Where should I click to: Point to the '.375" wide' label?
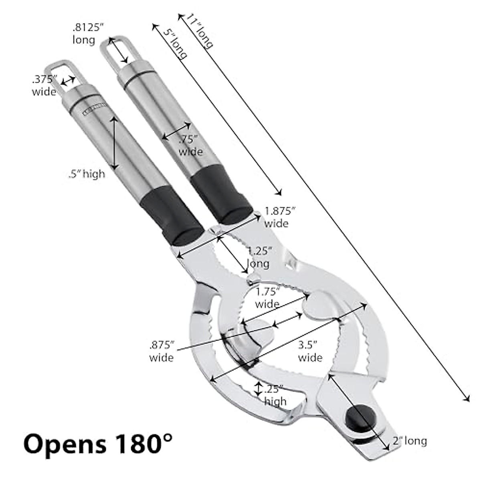click(44, 85)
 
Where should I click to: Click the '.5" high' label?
click(86, 174)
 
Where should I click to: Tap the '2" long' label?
click(410, 441)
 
